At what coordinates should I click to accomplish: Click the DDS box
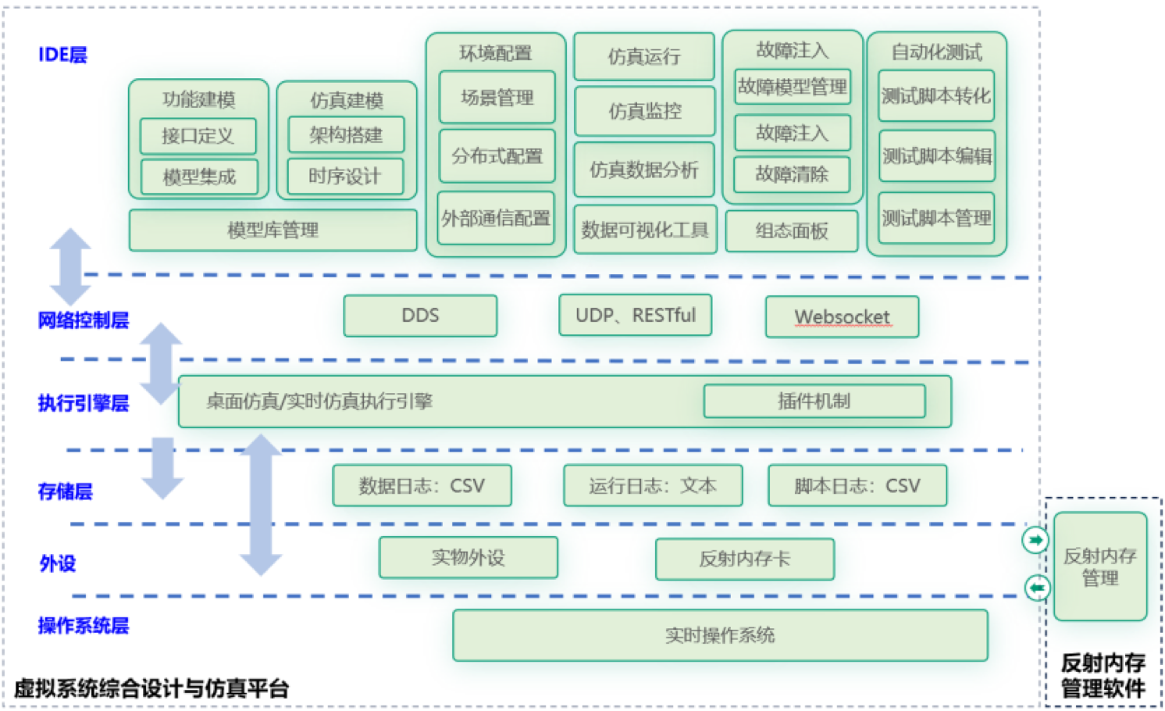pyautogui.click(x=420, y=316)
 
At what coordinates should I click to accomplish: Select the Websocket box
pyautogui.click(x=842, y=316)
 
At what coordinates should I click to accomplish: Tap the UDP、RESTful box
pyautogui.click(x=635, y=315)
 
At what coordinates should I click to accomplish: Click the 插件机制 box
pyautogui.click(x=814, y=401)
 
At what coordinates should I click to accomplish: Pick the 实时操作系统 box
pyautogui.click(x=720, y=635)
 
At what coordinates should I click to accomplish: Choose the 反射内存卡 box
pyautogui.click(x=744, y=559)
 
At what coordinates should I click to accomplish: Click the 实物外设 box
pyautogui.click(x=468, y=557)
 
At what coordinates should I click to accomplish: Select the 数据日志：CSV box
pyautogui.click(x=422, y=486)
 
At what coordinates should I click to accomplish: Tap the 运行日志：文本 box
pyautogui.click(x=653, y=486)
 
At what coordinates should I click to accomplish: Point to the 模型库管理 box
pyautogui.click(x=273, y=230)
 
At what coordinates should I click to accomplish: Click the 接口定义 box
pyautogui.click(x=198, y=136)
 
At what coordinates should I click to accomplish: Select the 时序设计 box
pyautogui.click(x=345, y=176)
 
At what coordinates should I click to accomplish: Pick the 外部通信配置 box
pyautogui.click(x=496, y=218)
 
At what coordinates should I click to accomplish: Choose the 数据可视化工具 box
pyautogui.click(x=645, y=230)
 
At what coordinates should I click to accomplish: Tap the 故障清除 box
pyautogui.click(x=792, y=174)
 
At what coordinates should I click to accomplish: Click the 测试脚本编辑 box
pyautogui.click(x=936, y=156)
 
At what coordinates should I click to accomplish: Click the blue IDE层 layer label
pyautogui.click(x=62, y=55)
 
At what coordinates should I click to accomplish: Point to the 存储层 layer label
pyautogui.click(x=65, y=491)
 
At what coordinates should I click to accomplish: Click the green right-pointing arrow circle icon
pyautogui.click(x=1035, y=540)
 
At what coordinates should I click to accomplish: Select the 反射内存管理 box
pyautogui.click(x=1099, y=566)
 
